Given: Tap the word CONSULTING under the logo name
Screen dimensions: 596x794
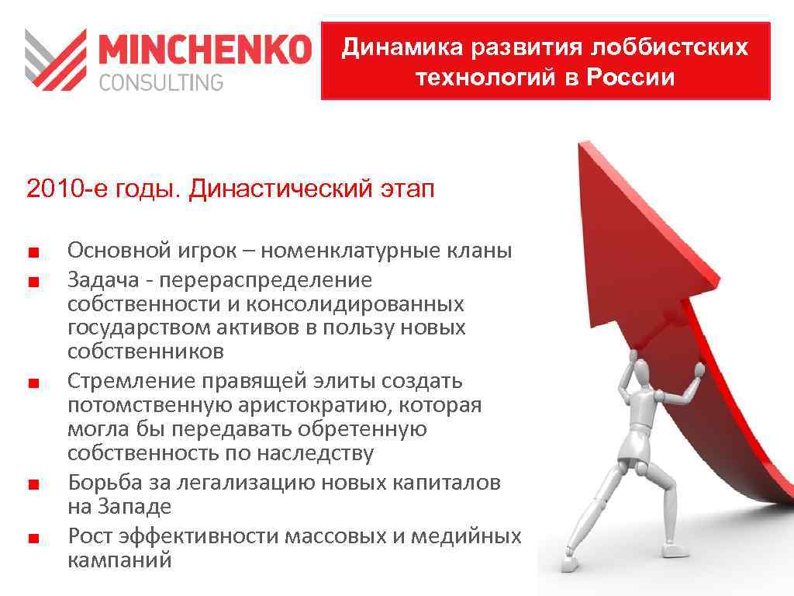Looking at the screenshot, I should pos(161,81).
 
